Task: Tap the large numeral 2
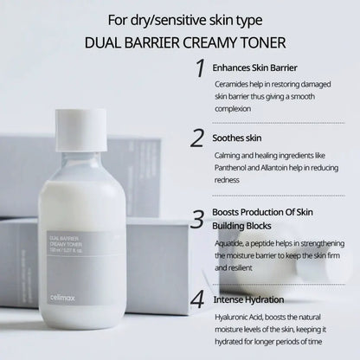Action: (198, 138)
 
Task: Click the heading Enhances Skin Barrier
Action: (257, 67)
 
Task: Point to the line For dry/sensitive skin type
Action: (180, 17)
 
